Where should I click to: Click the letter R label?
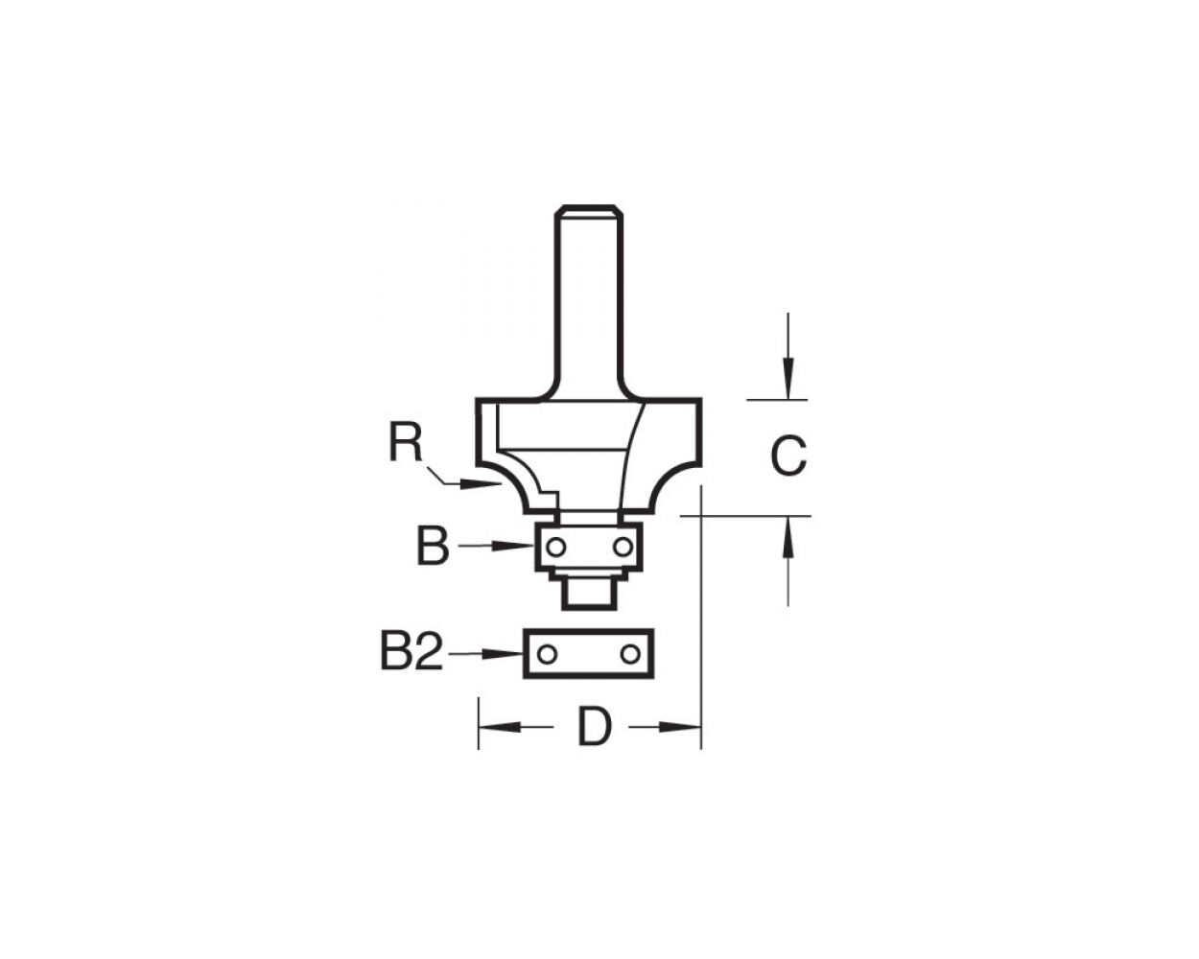[406, 443]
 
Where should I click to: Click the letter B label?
[432, 548]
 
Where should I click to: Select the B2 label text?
[411, 654]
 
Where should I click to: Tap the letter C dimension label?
[788, 457]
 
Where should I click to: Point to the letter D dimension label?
[594, 728]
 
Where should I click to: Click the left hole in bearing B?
[555, 548]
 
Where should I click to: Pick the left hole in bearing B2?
[546, 654]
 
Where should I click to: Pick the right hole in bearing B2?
[629, 654]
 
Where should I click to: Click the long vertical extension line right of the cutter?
[702, 614]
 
